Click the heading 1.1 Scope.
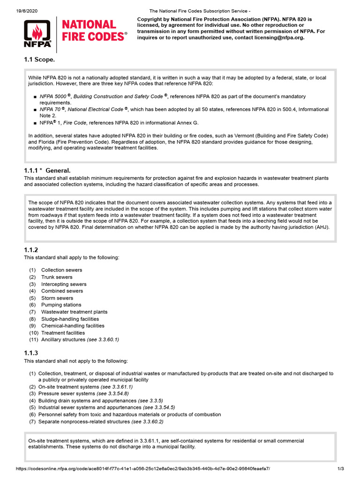[39, 60]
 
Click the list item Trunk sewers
[57, 277]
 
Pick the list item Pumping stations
[61, 305]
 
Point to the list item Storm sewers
[57, 298]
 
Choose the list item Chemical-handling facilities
[73, 326]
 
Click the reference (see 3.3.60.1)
[103, 339]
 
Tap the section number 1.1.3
[31, 353]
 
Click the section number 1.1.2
[31, 250]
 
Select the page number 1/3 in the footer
[341, 469]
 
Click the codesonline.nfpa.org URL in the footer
[143, 469]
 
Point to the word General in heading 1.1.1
[58, 171]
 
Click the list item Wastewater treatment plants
[74, 312]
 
